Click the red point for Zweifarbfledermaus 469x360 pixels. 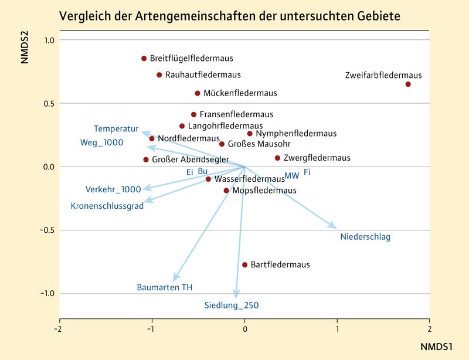click(408, 84)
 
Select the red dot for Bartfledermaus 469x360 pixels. click(245, 265)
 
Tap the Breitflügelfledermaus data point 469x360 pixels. click(144, 59)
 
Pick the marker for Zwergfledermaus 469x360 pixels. click(277, 158)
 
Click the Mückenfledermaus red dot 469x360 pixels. click(198, 93)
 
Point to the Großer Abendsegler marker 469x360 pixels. click(146, 159)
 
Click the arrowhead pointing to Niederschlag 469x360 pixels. click(334, 227)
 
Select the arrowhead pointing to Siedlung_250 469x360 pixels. click(237, 297)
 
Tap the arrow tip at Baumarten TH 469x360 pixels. click(174, 280)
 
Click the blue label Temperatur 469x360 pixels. click(115, 128)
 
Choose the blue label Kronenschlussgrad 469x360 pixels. click(107, 206)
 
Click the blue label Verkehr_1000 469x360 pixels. click(113, 189)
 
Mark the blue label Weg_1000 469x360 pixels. click(101, 142)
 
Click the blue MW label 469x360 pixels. click(291, 176)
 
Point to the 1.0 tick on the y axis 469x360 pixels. click(49, 40)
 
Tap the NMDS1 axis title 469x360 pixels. click(436, 347)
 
